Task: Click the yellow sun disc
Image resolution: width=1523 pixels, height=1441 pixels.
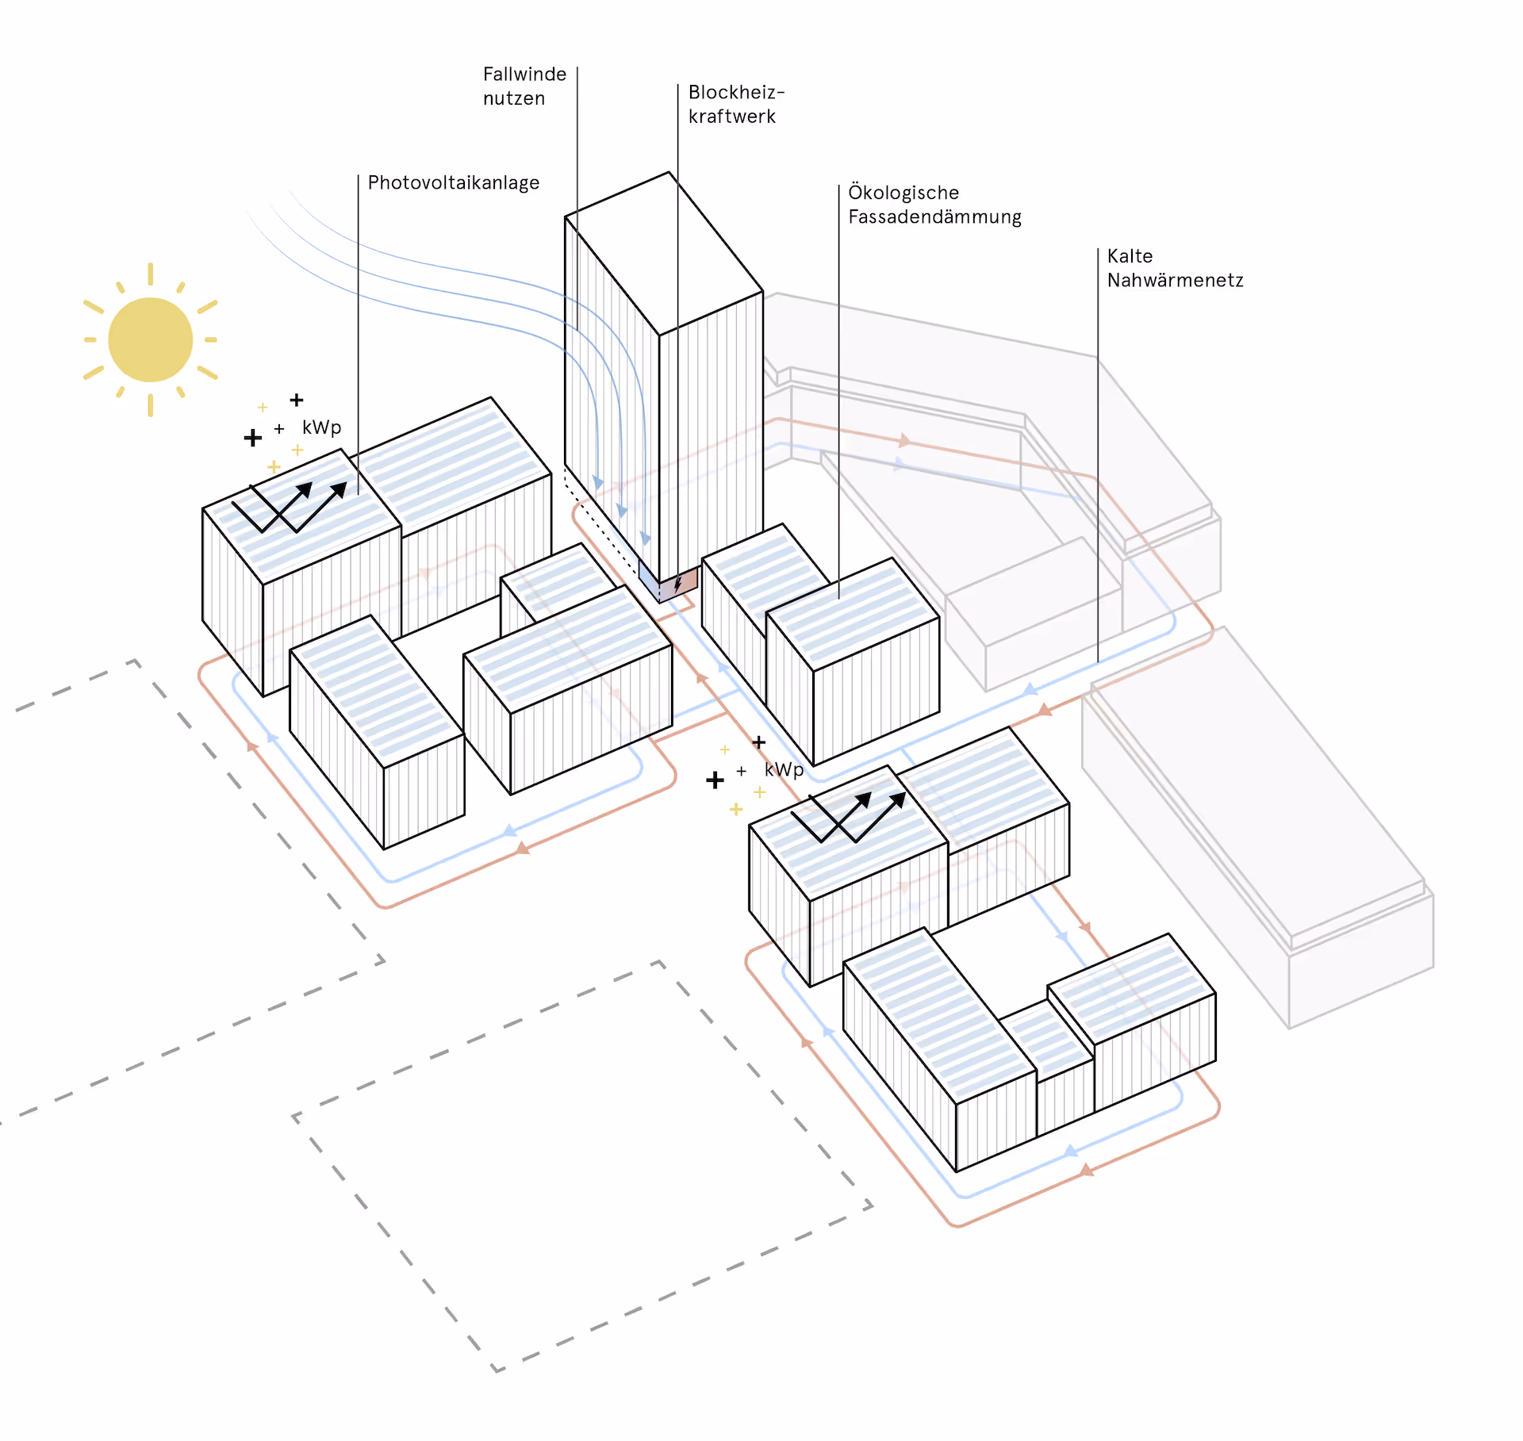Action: pos(150,339)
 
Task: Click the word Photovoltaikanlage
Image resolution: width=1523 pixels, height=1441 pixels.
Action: pos(453,183)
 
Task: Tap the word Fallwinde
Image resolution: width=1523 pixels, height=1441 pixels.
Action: pos(524,75)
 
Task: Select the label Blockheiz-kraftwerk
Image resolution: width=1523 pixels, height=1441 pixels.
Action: pos(735,105)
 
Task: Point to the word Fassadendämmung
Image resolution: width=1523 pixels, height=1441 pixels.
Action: pos(934,217)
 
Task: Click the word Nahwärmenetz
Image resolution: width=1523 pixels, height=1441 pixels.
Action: pos(1175,281)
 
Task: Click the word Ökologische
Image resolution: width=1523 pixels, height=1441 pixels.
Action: pos(903,193)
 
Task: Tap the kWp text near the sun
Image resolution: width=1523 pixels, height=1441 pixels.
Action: pos(321,427)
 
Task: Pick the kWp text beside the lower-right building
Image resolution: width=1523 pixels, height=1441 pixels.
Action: pos(784,770)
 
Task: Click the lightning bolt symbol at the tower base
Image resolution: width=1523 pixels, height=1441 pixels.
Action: pos(678,584)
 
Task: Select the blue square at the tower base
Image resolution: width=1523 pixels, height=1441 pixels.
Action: pos(649,581)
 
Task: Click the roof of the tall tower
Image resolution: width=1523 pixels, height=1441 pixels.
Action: pos(665,252)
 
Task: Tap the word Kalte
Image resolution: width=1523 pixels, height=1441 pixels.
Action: pos(1130,256)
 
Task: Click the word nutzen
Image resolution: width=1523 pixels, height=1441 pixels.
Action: pos(514,99)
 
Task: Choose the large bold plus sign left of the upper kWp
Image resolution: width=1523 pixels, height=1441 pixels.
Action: pos(253,438)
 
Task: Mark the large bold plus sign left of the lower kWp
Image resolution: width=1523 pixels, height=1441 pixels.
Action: pos(715,780)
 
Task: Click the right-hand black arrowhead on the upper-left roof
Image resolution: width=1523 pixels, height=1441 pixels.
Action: pos(340,489)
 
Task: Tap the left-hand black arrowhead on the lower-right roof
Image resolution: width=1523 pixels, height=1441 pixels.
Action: pos(863,799)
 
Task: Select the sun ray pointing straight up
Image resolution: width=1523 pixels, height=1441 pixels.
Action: pos(150,274)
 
